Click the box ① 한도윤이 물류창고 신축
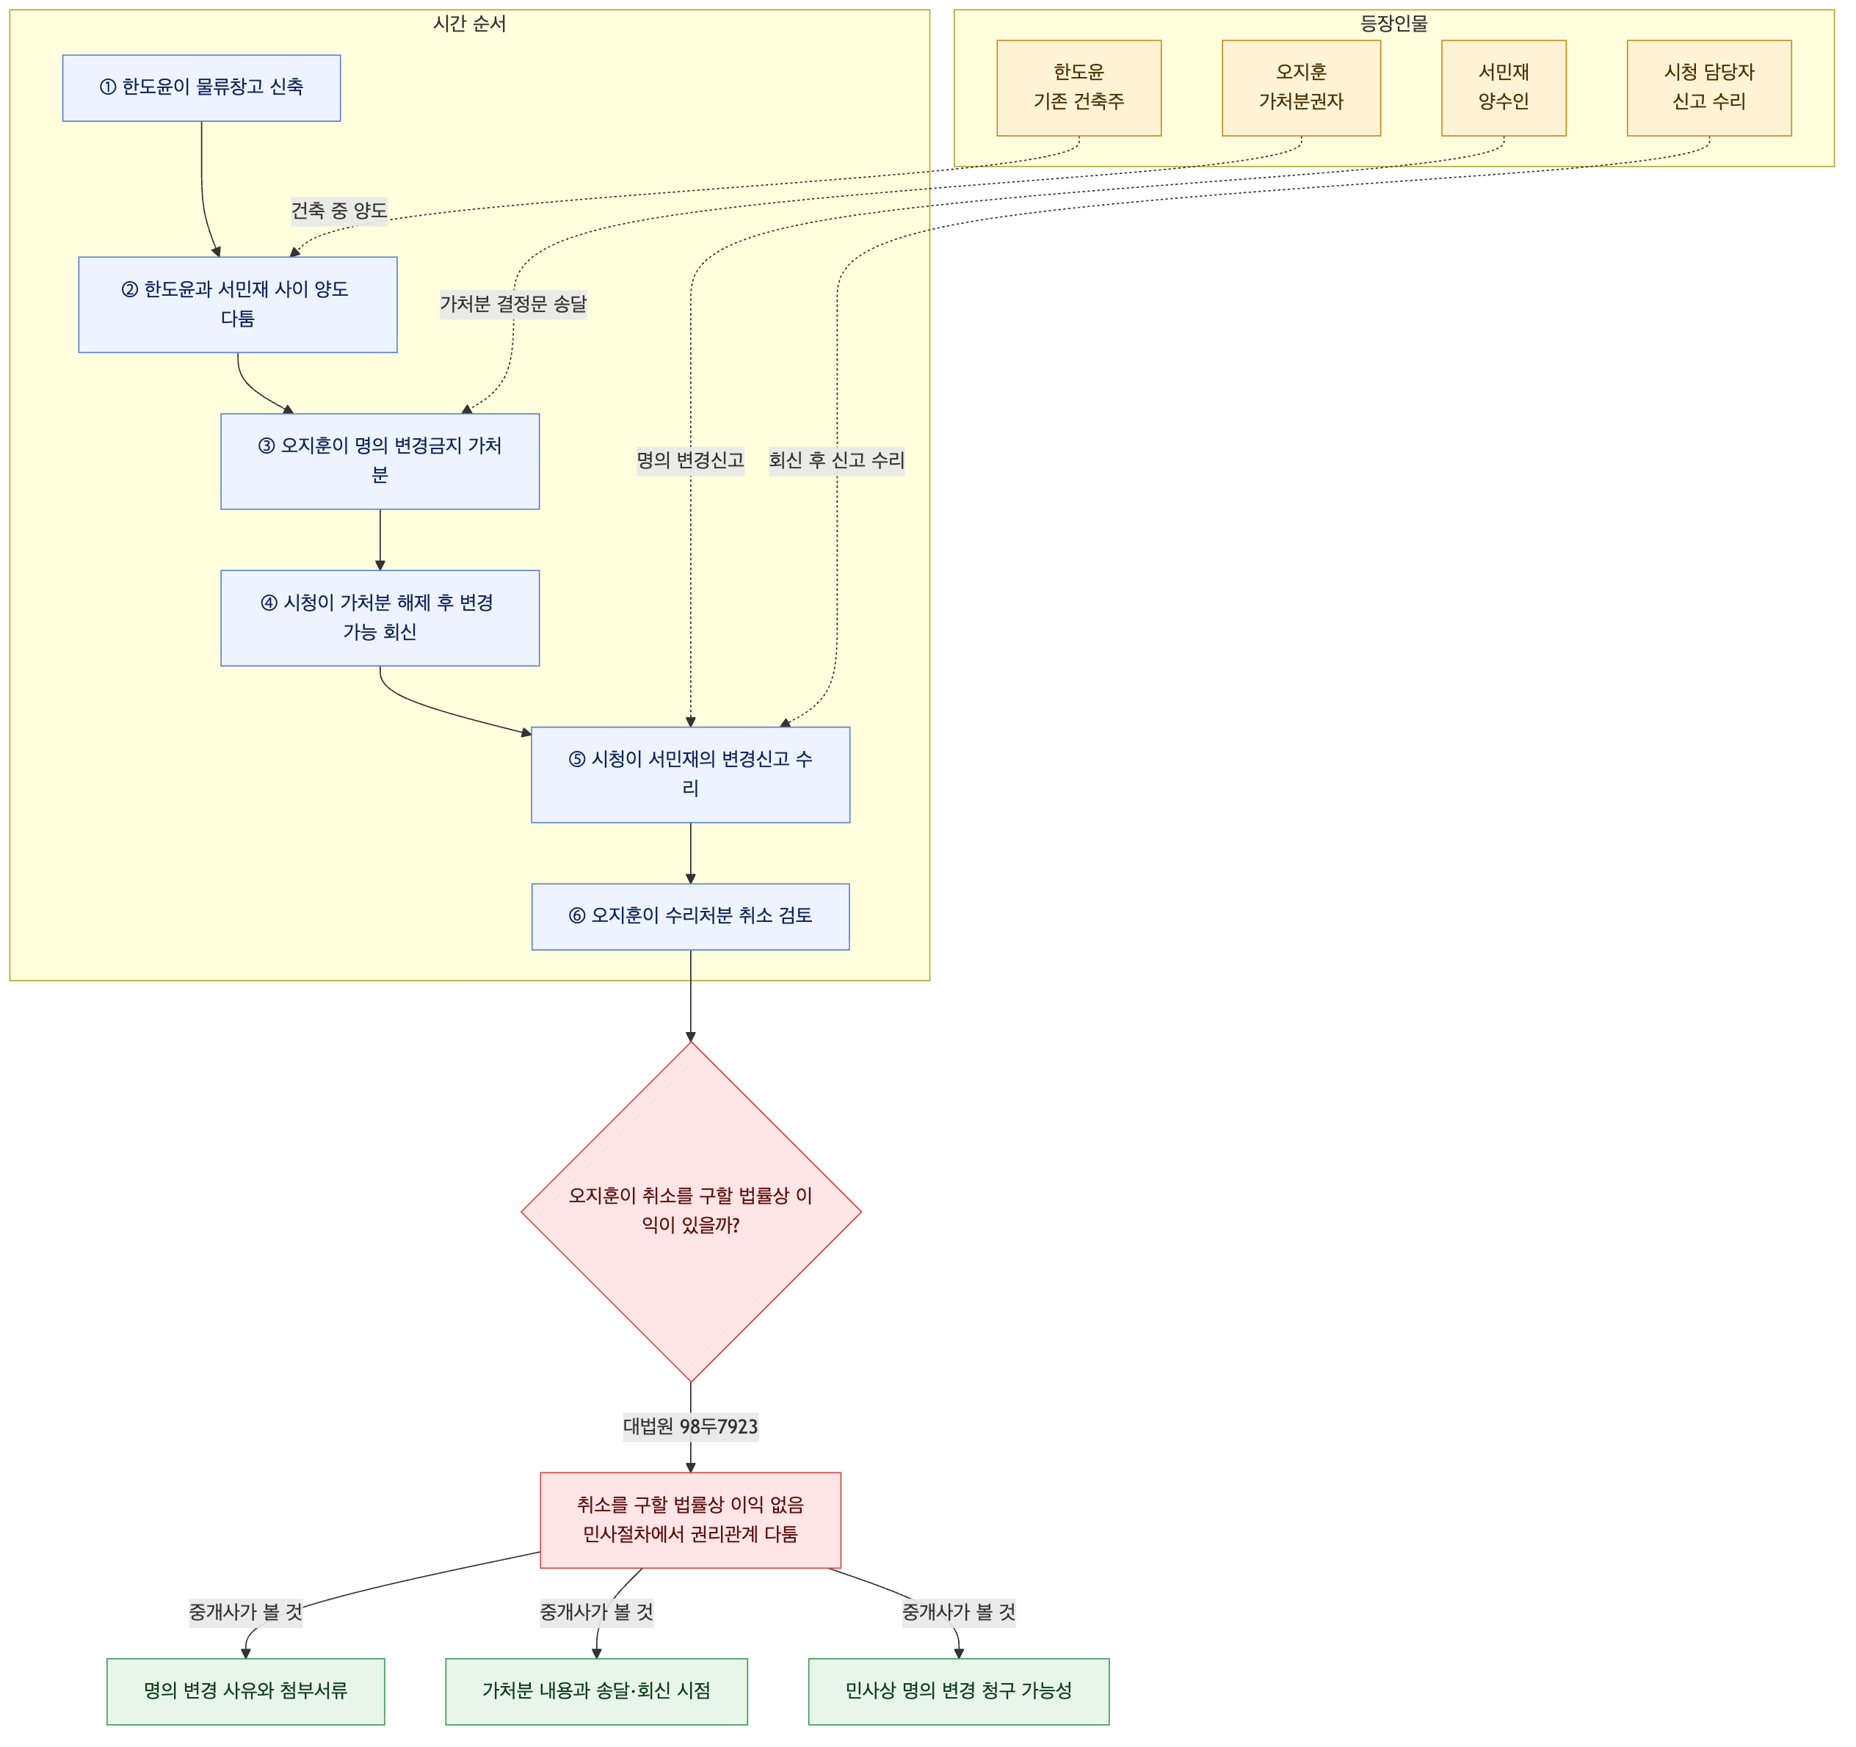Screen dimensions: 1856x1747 click(202, 88)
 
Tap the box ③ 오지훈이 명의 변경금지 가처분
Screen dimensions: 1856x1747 click(380, 462)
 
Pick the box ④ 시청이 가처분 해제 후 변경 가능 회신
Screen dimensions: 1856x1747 click(380, 619)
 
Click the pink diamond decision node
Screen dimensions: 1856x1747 click(691, 1213)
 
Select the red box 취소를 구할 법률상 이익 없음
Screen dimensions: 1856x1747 click(691, 1520)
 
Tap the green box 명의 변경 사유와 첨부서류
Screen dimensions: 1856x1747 click(245, 1692)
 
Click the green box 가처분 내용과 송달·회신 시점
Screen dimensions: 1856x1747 click(597, 1692)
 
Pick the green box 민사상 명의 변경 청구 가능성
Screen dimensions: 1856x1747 click(959, 1692)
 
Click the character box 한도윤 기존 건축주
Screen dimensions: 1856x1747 click(1079, 88)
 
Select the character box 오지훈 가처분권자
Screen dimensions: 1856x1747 click(1302, 88)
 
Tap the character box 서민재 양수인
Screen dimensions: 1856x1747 click(1504, 88)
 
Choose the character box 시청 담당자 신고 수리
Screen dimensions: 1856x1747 click(1709, 88)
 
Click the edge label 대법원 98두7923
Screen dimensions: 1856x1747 click(691, 1426)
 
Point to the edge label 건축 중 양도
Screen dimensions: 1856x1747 click(339, 211)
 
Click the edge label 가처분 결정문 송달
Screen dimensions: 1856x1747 click(513, 304)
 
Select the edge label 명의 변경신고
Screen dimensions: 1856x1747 click(691, 460)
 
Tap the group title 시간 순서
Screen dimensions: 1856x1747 click(470, 23)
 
